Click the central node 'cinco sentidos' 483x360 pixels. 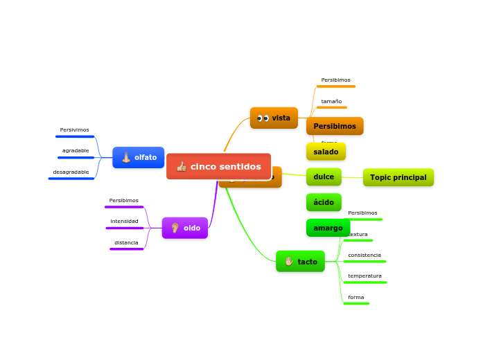click(x=218, y=166)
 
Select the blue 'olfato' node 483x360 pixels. click(x=139, y=157)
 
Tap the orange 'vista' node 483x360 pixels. click(x=274, y=118)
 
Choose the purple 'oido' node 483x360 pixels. click(x=185, y=228)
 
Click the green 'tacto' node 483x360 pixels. click(x=300, y=261)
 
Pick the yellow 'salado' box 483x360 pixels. click(x=326, y=152)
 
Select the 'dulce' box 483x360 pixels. click(x=324, y=177)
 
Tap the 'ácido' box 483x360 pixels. click(x=324, y=202)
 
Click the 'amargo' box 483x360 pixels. click(x=328, y=228)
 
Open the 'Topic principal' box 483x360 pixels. click(x=398, y=177)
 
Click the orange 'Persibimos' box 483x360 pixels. click(x=335, y=126)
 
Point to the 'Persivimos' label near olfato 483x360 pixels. click(x=74, y=129)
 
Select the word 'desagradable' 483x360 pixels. click(x=71, y=172)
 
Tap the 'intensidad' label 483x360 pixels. click(x=124, y=221)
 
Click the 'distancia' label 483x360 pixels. click(x=126, y=242)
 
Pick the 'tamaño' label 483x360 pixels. click(x=331, y=101)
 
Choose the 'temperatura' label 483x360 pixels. click(x=365, y=276)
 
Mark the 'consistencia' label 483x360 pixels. click(x=364, y=255)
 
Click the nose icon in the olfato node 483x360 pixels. click(x=126, y=157)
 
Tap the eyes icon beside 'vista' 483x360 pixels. click(x=263, y=118)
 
